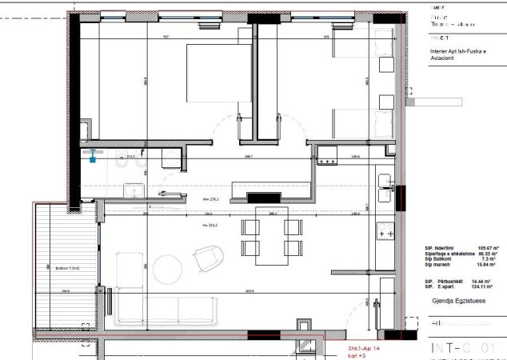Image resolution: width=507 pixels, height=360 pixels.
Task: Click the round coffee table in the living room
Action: pos(168,266)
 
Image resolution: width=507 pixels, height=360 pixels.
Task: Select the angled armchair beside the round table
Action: pos(210,258)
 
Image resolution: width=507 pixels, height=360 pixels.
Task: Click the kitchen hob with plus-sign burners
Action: pos(386,233)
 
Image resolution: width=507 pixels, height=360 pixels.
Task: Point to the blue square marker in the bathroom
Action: pos(94,159)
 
